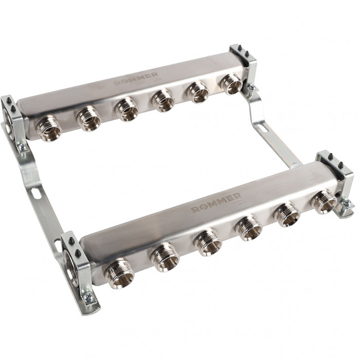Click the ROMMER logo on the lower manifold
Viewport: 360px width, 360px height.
pyautogui.click(x=216, y=202)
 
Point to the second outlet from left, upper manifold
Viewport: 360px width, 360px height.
pyautogui.click(x=88, y=118)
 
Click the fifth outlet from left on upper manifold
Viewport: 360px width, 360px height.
pyautogui.click(x=197, y=92)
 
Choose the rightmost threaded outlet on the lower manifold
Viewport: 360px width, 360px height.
pyautogui.click(x=323, y=201)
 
